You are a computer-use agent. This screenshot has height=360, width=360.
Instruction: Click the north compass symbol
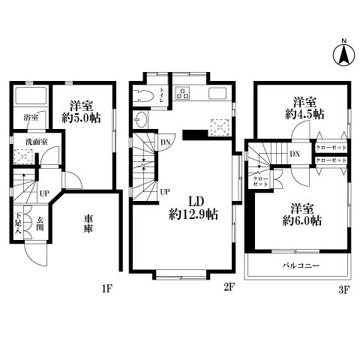(341, 54)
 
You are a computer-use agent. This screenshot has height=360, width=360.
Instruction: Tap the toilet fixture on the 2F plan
(145, 94)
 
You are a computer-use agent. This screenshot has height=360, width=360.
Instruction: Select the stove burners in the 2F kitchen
(182, 94)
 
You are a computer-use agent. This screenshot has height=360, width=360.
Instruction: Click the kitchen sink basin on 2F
(219, 94)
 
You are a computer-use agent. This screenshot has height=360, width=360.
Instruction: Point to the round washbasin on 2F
(143, 118)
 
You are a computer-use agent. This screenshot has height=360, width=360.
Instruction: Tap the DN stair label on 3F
(295, 155)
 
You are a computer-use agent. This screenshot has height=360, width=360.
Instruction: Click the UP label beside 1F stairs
(44, 193)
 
